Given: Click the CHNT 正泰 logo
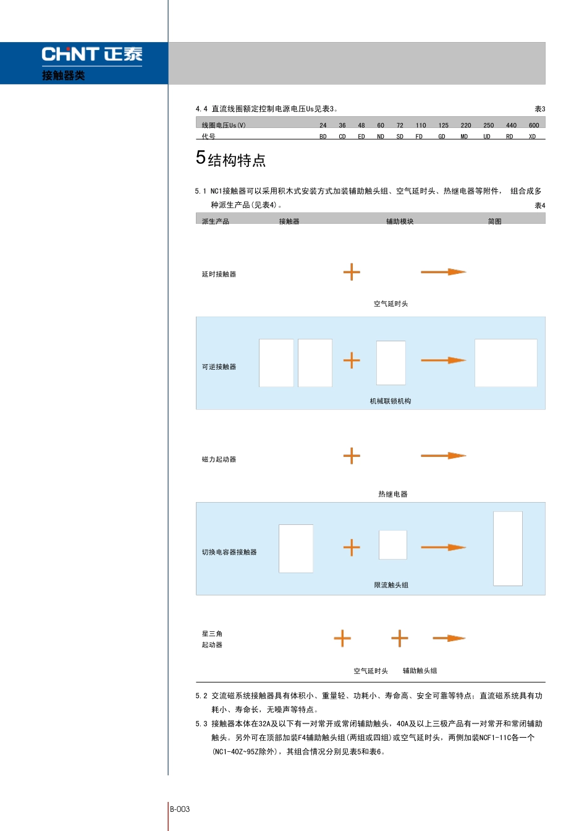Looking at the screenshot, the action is [92, 54].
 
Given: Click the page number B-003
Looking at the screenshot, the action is [180, 809].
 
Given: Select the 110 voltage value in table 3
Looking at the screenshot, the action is [421, 126].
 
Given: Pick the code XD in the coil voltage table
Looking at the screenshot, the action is [532, 137].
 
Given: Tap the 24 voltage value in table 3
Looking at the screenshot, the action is [323, 126].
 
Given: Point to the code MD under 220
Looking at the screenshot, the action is [464, 137].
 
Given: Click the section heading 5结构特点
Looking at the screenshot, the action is [231, 160].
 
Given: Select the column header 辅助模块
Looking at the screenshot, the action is [400, 221].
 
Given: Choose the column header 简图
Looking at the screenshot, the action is [494, 221].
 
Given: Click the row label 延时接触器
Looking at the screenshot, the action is [219, 275].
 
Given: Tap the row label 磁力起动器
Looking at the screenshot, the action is [219, 459].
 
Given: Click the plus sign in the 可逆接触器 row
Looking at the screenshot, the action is [352, 360].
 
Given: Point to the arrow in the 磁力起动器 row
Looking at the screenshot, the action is [443, 456].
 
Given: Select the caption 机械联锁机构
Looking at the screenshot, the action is [391, 401].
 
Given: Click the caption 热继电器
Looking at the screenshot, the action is [393, 494].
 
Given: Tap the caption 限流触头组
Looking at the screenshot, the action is [391, 585].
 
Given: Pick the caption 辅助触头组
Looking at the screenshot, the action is [420, 671].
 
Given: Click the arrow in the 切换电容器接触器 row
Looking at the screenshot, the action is [443, 547].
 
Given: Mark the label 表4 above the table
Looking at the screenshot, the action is [540, 205].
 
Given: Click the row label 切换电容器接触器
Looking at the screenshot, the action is [229, 552].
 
